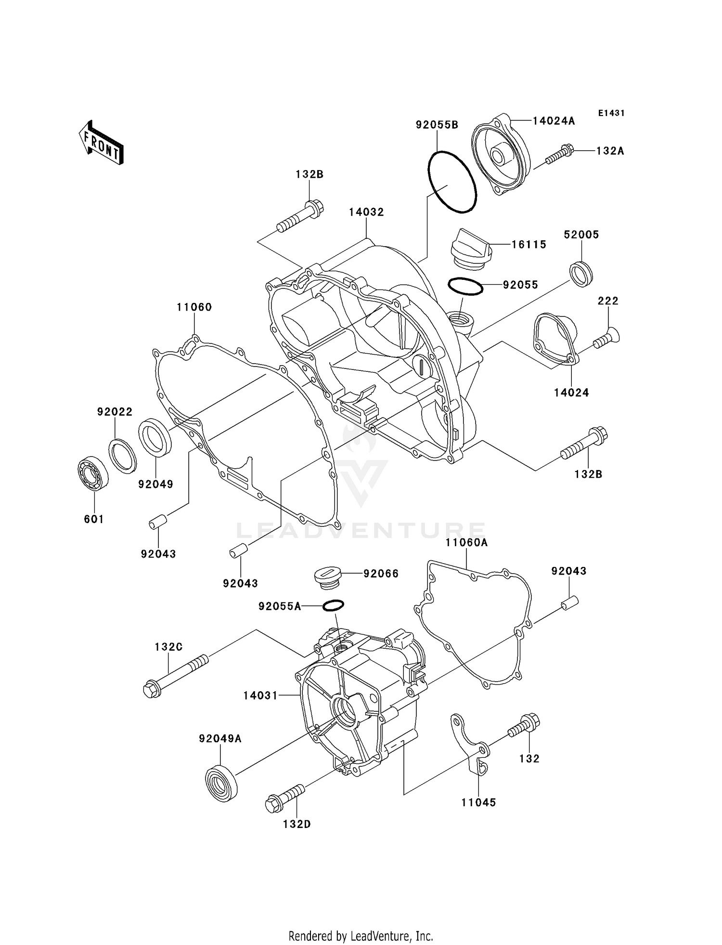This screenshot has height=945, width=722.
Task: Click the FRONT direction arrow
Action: pos(101,143)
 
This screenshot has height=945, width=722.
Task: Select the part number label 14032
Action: pos(366,212)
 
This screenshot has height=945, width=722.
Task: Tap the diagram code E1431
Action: pos(611,113)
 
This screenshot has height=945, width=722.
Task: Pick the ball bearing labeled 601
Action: pos(93,474)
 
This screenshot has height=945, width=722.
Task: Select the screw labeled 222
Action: pos(607,339)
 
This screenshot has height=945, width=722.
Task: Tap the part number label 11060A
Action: pos(466,543)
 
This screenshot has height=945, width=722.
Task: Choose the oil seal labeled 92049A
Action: pos(221,785)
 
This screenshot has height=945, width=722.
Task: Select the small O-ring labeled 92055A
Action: pos(333,605)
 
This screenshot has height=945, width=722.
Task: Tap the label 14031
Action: pos(260,696)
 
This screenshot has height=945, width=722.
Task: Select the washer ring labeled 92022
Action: pos(123,456)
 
